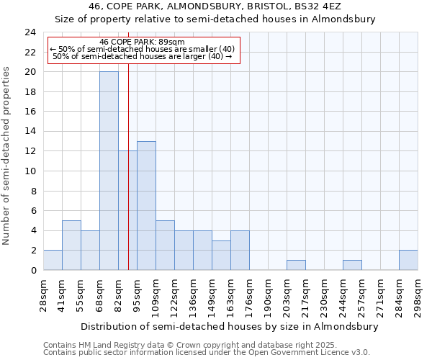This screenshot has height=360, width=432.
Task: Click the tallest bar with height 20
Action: [x=109, y=171]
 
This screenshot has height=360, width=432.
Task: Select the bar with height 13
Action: [x=146, y=205]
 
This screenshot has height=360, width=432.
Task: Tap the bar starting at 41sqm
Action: [x=71, y=245]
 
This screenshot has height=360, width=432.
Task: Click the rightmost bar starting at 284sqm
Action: [x=408, y=260]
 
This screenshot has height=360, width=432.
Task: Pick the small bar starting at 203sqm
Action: [x=296, y=265]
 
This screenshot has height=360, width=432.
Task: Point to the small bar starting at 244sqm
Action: [x=352, y=265]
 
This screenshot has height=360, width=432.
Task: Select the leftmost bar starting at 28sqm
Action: [x=53, y=260]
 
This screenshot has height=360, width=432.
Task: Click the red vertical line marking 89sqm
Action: [x=128, y=180]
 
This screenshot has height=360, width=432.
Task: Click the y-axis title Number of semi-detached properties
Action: [x=7, y=156]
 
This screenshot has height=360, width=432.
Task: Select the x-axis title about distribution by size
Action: [x=229, y=326]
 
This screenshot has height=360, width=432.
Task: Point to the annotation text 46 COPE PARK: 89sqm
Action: [x=143, y=42]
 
